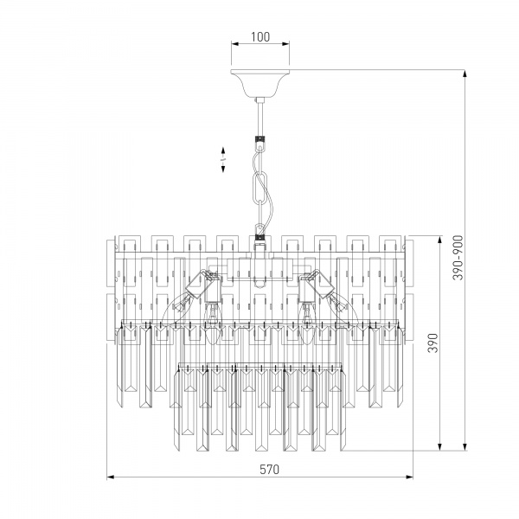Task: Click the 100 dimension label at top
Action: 260,36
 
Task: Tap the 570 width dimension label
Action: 269,470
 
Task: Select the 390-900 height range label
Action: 458,258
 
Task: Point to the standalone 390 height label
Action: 432,343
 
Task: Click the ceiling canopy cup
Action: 260,83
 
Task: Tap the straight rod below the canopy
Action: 260,119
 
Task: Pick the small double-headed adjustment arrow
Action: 223,159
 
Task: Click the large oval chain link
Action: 260,188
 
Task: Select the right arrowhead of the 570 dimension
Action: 409,477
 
